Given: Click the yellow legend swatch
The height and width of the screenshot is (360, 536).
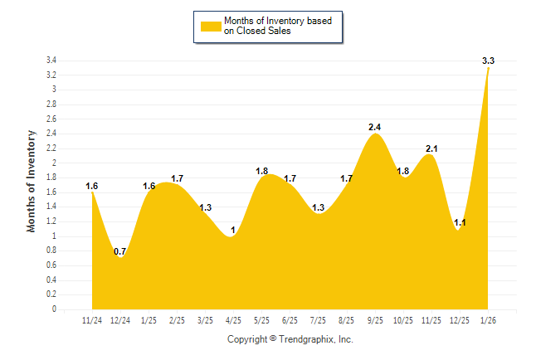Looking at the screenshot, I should pyautogui.click(x=212, y=26).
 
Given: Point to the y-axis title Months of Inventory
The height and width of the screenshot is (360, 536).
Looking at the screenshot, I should pyautogui.click(x=32, y=181).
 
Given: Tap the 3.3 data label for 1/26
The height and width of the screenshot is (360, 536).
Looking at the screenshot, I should pyautogui.click(x=489, y=61).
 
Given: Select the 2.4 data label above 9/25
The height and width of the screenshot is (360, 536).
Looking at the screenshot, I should pyautogui.click(x=375, y=127).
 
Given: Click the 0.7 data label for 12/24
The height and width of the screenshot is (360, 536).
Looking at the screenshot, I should pyautogui.click(x=120, y=251).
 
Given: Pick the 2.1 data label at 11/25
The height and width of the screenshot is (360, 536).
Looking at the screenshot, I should pyautogui.click(x=431, y=148).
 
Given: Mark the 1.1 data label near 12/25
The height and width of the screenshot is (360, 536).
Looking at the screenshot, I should pyautogui.click(x=460, y=222).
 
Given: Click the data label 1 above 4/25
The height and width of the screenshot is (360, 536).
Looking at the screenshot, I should pyautogui.click(x=233, y=230).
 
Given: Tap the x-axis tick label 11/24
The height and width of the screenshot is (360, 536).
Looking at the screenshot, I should pyautogui.click(x=92, y=320).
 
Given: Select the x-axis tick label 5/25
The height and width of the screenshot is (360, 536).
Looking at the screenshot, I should pyautogui.click(x=262, y=320).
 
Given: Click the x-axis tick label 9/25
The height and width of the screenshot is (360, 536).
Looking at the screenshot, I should pyautogui.click(x=375, y=320).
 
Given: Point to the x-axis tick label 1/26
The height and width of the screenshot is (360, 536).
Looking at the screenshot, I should pyautogui.click(x=489, y=320).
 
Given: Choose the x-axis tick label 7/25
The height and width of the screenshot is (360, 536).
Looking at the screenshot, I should pyautogui.click(x=319, y=320).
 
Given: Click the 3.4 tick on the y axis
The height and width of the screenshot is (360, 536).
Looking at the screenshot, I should pyautogui.click(x=51, y=61).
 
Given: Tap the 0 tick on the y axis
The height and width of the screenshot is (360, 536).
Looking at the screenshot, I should pyautogui.click(x=54, y=309).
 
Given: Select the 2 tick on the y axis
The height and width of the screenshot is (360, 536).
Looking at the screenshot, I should pyautogui.click(x=54, y=163).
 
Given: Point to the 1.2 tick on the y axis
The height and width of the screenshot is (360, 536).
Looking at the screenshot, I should pyautogui.click(x=51, y=221).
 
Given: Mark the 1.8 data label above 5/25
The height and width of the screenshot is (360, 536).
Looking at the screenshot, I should pyautogui.click(x=262, y=171).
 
